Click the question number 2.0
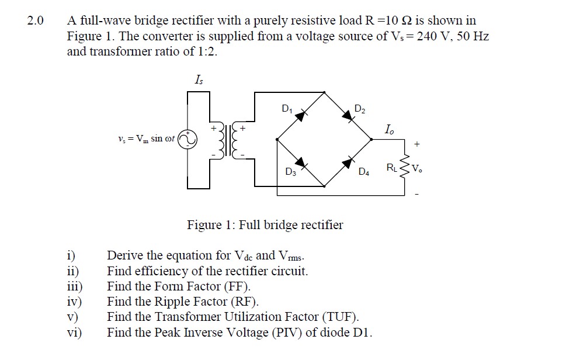point(35,22)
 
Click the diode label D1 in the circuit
point(286,108)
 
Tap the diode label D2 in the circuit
point(360,109)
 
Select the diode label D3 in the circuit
point(290,172)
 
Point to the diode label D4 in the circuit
point(364,172)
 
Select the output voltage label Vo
point(416,169)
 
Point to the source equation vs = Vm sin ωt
point(146,139)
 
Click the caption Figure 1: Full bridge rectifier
point(265,225)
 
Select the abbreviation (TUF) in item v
point(339,317)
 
